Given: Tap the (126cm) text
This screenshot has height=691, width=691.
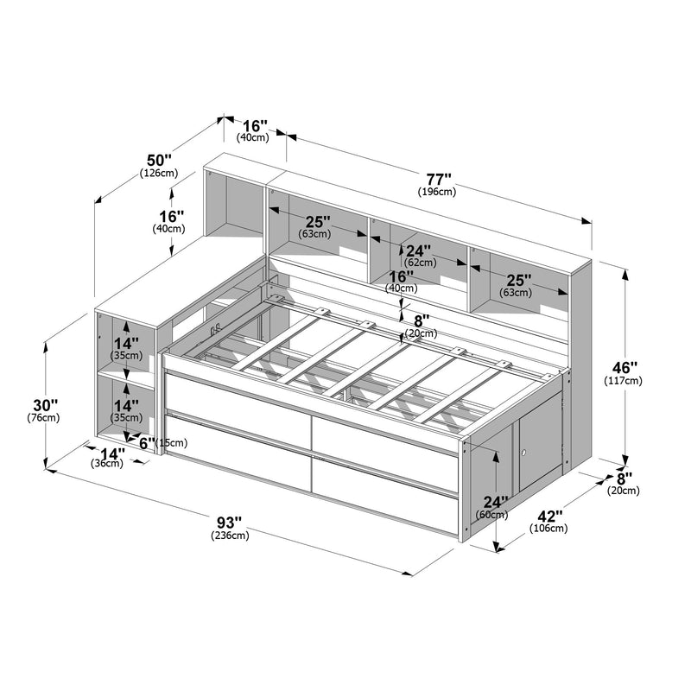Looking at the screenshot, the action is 159,173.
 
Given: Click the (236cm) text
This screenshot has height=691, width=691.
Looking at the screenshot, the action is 230,536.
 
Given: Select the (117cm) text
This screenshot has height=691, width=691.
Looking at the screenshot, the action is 623,380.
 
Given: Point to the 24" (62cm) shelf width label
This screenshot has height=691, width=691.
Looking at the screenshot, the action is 419,256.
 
